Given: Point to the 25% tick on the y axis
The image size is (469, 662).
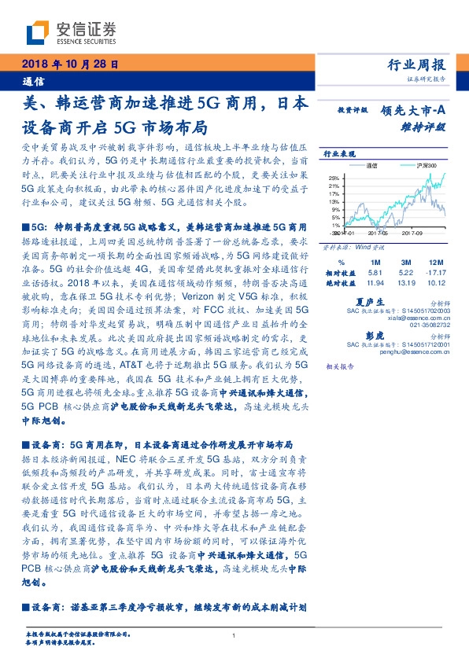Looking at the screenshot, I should pyautogui.click(x=334, y=178).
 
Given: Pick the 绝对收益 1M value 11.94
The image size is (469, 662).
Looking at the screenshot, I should pyautogui.click(x=374, y=281).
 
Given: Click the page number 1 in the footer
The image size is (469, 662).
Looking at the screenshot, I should pyautogui.click(x=234, y=636).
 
